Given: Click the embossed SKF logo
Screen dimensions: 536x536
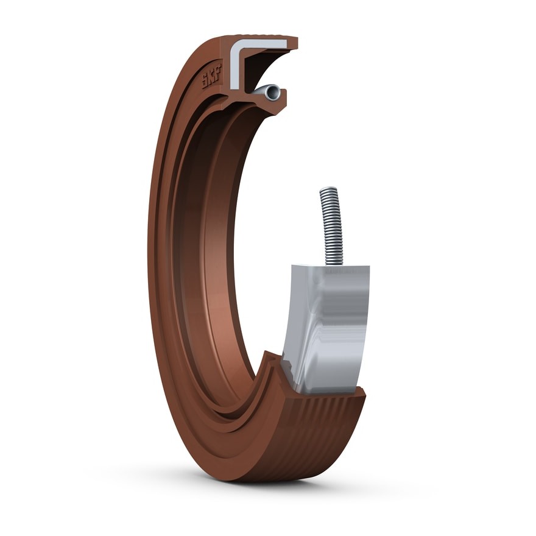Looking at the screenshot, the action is (x=212, y=76).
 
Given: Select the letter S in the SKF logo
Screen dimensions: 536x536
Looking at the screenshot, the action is (x=205, y=82).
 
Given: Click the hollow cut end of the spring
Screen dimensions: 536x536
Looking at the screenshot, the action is (x=273, y=92).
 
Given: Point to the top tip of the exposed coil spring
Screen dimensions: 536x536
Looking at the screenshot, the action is (x=329, y=188).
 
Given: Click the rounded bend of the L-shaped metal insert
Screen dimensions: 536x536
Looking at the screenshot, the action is (x=236, y=44).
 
